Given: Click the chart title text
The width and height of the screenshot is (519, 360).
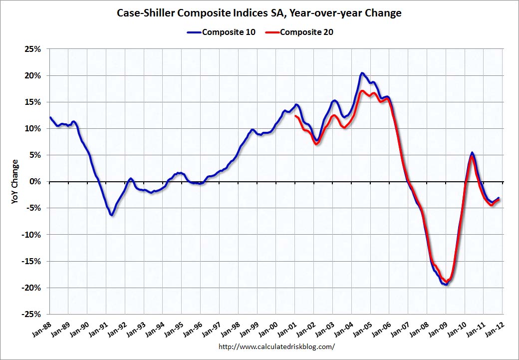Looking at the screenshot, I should [x=259, y=13].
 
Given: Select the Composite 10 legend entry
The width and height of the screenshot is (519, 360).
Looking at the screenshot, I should [x=222, y=32].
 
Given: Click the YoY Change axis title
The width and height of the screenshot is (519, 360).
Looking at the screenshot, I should [x=15, y=181].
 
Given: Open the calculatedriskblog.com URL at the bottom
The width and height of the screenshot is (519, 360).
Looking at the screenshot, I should [x=277, y=346].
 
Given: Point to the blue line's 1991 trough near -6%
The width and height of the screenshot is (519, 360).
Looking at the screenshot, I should [x=112, y=215].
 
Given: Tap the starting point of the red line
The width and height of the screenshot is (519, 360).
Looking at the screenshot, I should [x=295, y=116].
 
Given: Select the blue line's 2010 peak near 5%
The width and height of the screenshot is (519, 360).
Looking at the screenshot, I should [x=472, y=153].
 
